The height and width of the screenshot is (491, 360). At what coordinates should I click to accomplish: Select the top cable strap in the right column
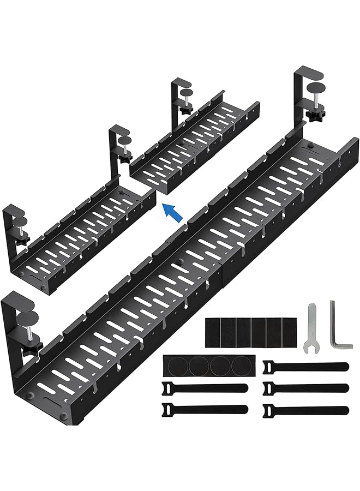click(305, 367)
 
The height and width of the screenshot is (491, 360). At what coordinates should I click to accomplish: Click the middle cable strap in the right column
click(305, 388)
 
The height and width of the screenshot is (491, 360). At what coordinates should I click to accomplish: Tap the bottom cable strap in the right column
click(305, 410)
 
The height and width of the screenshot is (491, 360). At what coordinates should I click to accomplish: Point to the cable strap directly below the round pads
click(205, 388)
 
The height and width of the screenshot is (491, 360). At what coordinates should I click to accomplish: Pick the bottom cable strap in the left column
click(205, 409)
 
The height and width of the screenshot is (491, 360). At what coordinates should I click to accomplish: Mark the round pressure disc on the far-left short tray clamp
click(19, 221)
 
